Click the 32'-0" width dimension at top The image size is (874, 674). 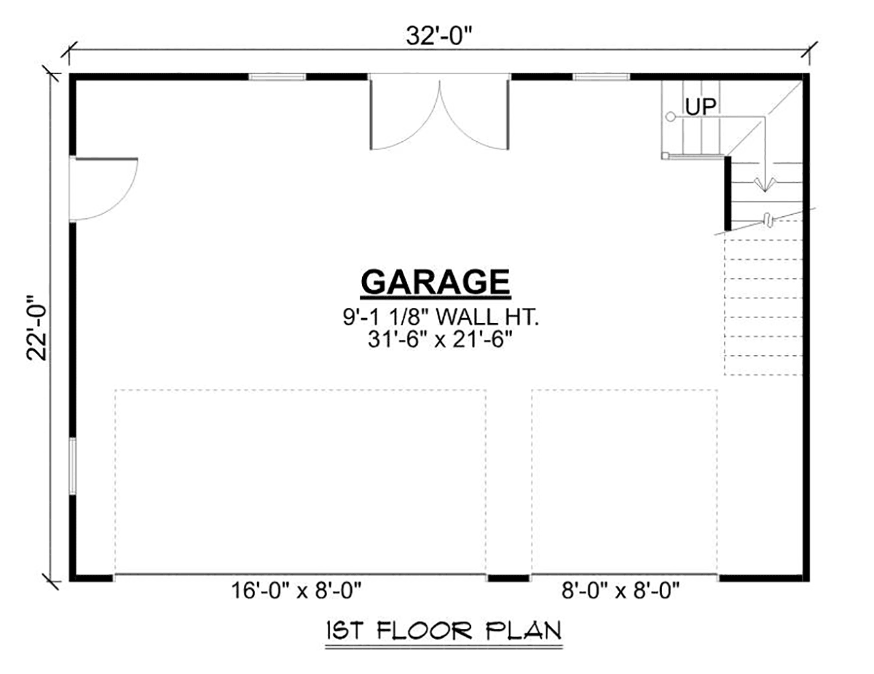coord(437,36)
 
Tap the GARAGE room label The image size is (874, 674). coord(435,282)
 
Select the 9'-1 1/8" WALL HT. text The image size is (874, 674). coord(435,318)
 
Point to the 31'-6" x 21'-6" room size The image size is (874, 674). coord(435,339)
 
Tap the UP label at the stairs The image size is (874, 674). coord(701,107)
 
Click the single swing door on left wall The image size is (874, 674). coord(102,188)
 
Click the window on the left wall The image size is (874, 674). coord(72,466)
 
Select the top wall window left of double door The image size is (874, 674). coord(277,76)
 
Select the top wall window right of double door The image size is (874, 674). coord(601,76)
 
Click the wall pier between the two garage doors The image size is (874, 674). coord(508,578)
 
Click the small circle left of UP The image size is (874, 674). coord(670,116)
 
